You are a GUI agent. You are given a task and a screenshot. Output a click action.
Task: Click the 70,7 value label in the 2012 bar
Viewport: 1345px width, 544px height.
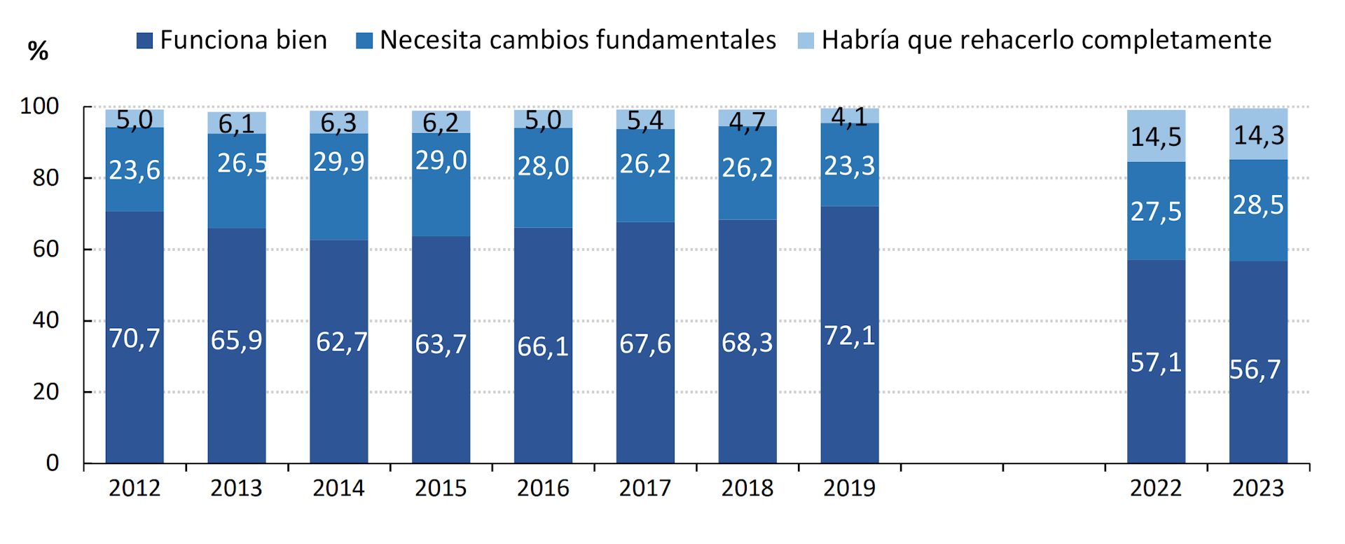134,339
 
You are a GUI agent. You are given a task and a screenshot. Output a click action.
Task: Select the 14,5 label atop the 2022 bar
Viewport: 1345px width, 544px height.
1156,137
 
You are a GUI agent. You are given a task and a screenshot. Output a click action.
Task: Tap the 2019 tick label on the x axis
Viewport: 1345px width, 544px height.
849,488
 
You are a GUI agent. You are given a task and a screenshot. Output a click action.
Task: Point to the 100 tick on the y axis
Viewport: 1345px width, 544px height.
39,107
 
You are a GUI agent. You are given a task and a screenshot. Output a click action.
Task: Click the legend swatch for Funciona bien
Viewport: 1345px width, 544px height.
144,41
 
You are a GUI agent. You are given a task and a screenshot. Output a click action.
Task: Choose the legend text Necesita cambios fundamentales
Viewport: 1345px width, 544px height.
577,40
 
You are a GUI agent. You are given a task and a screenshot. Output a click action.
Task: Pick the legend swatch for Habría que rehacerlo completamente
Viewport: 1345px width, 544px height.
806,41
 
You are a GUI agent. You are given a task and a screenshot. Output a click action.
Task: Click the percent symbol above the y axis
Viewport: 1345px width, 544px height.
38,50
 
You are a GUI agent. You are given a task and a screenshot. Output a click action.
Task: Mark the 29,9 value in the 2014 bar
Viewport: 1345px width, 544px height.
338,162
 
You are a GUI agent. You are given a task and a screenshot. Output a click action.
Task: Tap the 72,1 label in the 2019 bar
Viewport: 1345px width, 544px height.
849,336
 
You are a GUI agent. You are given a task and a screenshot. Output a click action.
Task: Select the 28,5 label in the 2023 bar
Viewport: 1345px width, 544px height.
1258,205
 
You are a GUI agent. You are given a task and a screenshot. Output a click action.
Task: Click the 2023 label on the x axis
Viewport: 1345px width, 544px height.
1258,488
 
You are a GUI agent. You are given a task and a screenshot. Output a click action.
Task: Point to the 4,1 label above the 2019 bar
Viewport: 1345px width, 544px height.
849,116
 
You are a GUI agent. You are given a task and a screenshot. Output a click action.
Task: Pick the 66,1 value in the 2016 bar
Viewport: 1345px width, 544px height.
543,346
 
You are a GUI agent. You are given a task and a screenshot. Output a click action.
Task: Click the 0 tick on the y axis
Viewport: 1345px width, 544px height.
53,463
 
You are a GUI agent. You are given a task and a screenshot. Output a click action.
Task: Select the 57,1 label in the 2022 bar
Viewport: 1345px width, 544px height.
1156,362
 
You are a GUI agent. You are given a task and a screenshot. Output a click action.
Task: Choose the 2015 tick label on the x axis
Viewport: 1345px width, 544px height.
441,488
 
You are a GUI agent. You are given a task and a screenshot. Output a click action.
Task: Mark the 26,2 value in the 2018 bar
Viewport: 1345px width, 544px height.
747,168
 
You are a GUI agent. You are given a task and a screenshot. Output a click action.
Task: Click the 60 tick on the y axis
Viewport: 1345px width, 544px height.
46,249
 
